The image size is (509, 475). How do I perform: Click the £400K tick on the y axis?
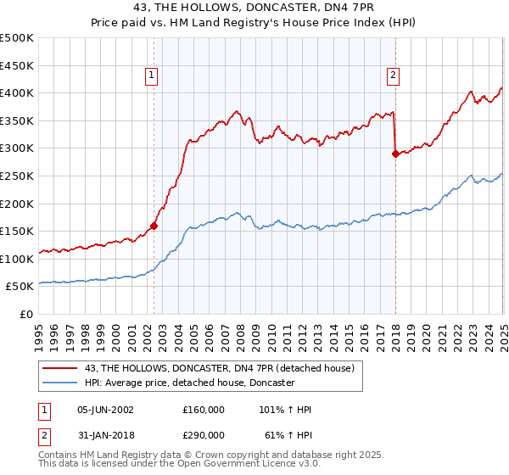[17, 93]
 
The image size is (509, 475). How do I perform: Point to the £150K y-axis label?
[17, 232]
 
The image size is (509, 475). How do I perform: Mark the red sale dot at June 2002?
[154, 226]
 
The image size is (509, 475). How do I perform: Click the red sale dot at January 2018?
[395, 154]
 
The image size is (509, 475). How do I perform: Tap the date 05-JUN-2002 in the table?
[106, 410]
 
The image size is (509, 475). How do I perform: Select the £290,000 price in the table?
[203, 433]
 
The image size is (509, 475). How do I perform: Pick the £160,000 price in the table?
[203, 410]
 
